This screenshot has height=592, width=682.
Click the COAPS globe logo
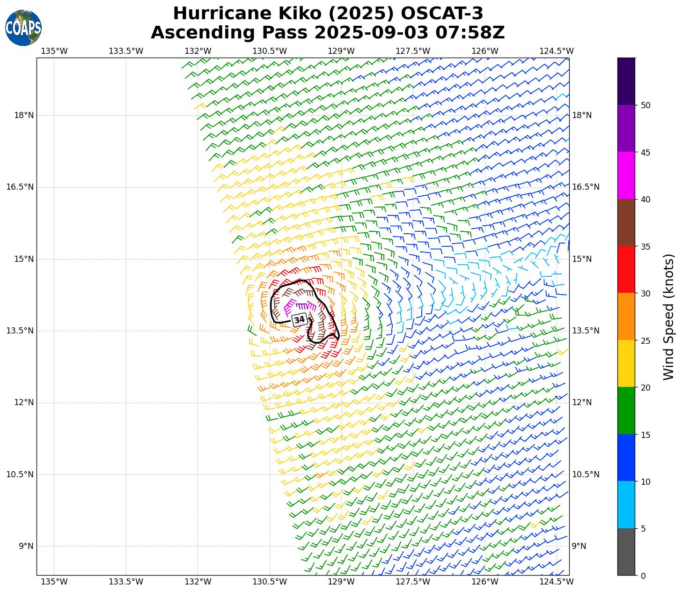pyautogui.click(x=23, y=28)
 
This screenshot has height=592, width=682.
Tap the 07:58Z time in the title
pyautogui.click(x=470, y=33)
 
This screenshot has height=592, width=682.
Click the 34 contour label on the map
pyautogui.click(x=299, y=320)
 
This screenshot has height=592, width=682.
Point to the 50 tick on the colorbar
pyautogui.click(x=645, y=105)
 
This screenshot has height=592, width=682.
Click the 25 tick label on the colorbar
pyautogui.click(x=645, y=340)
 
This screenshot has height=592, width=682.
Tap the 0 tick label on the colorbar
pyautogui.click(x=643, y=576)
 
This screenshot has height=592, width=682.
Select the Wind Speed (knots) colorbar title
pyautogui.click(x=669, y=317)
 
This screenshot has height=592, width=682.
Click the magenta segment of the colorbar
pyautogui.click(x=626, y=176)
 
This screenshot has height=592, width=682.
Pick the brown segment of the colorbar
pyautogui.click(x=626, y=222)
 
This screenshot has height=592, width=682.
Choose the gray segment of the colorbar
pyautogui.click(x=626, y=552)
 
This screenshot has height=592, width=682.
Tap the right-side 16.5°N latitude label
pyautogui.click(x=586, y=187)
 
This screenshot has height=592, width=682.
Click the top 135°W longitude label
pyautogui.click(x=54, y=51)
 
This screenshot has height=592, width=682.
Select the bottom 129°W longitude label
pyautogui.click(x=341, y=582)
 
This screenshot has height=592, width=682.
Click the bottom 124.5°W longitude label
pyautogui.click(x=557, y=582)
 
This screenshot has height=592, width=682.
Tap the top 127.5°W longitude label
pyautogui.click(x=413, y=51)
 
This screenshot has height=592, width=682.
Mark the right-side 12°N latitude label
pyautogui.click(x=582, y=402)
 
